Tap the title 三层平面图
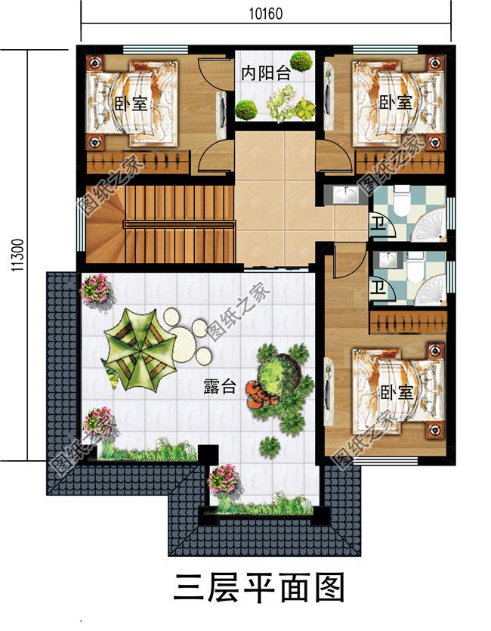coord(258,587)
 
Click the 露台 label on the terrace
coord(220,388)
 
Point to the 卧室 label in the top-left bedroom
coord(131,104)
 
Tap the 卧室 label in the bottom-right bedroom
coord(396,393)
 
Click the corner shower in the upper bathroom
coord(428,225)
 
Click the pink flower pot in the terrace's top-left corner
coord(96,288)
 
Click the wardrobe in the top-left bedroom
coord(137,162)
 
